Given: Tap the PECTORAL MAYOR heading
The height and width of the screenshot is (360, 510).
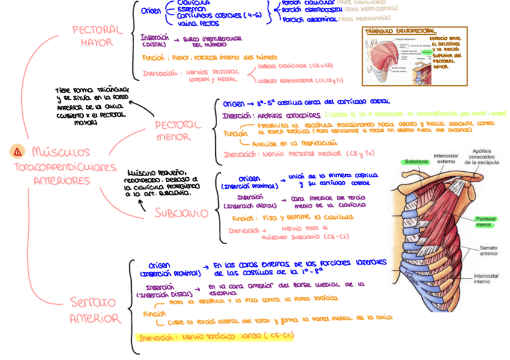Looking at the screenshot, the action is [x=97, y=36].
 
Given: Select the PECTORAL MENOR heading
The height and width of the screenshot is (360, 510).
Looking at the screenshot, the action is [x=177, y=131].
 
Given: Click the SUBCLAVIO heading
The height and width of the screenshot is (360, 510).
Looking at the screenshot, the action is [x=181, y=213].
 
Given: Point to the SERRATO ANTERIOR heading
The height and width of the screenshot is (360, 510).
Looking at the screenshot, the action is [x=94, y=310].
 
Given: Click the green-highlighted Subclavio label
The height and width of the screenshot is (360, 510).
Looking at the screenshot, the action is [x=416, y=162].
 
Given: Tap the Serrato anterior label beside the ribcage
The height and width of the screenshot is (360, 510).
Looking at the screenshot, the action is [x=488, y=251].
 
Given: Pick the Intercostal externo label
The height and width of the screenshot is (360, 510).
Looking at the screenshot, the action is [x=446, y=157].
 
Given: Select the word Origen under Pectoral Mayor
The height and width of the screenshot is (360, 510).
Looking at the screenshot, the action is [x=151, y=11].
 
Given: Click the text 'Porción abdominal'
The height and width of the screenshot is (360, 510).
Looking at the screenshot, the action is [x=310, y=19].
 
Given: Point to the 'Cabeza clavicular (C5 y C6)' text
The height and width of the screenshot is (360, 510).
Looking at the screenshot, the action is [x=295, y=65].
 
